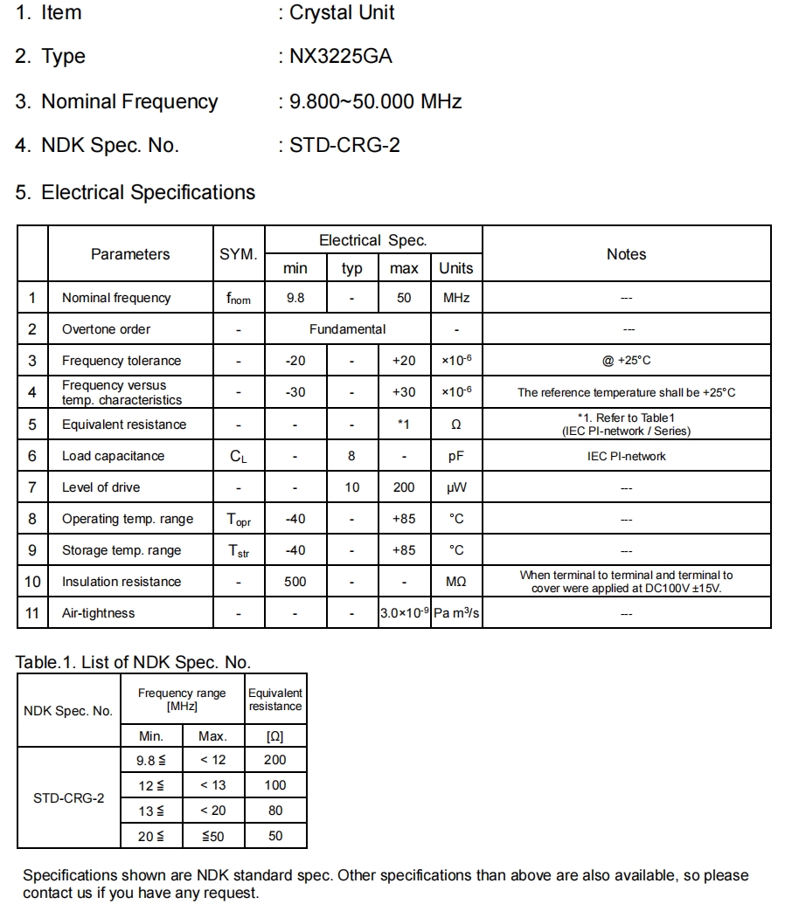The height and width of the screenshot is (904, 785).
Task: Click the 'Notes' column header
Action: tap(626, 254)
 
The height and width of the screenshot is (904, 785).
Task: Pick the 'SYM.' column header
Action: tap(238, 254)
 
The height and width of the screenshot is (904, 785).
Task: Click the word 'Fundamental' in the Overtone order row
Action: tap(347, 329)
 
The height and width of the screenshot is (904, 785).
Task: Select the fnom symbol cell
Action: tap(238, 299)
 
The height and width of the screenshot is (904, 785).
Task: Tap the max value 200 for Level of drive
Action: tap(403, 487)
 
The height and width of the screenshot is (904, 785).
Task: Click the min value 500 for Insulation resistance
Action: tap(295, 582)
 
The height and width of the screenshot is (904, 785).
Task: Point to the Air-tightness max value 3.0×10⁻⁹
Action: tap(403, 613)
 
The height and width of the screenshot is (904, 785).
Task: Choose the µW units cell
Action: tap(456, 487)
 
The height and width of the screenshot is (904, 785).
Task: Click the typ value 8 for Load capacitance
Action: tap(351, 456)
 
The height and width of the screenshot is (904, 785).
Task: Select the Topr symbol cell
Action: tap(238, 519)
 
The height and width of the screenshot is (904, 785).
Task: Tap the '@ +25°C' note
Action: tap(626, 361)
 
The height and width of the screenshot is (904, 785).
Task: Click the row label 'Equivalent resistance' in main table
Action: tap(124, 424)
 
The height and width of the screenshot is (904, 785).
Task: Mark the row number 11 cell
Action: tap(32, 613)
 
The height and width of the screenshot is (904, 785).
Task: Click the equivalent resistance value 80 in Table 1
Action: tap(275, 811)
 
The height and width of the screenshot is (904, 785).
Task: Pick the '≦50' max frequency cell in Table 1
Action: tap(212, 836)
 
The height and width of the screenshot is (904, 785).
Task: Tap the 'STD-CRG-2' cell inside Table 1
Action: tap(68, 798)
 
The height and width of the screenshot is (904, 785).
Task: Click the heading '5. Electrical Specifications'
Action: tap(135, 192)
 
